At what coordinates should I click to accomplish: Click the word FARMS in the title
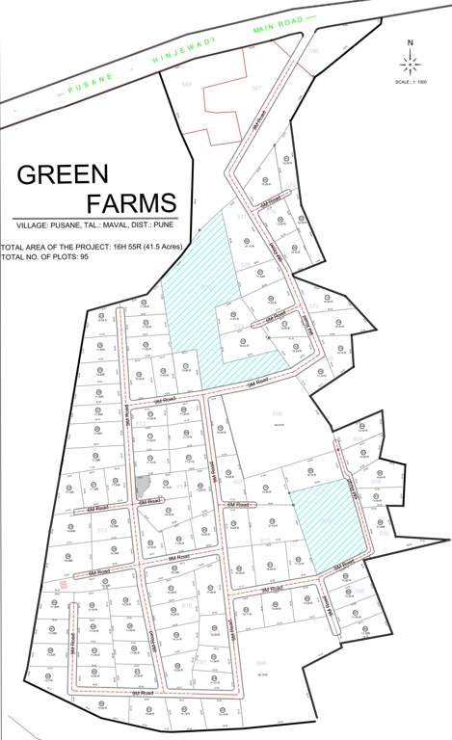(x=132, y=204)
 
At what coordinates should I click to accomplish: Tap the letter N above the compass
(x=411, y=43)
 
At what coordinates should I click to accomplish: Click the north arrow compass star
(x=411, y=64)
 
